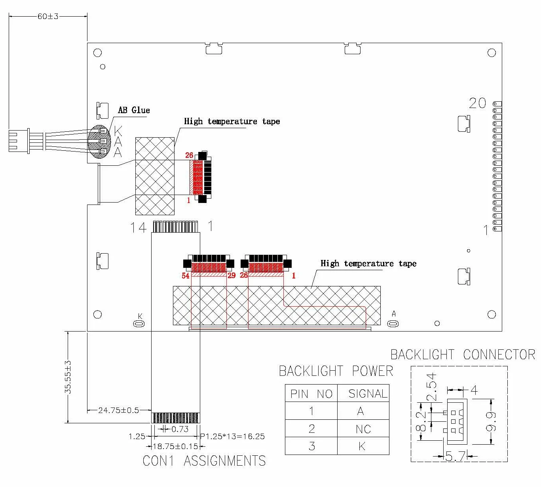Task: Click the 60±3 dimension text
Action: (48, 17)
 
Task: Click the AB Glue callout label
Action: (134, 110)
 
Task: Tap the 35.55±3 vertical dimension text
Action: (68, 377)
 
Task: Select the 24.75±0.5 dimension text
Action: (118, 410)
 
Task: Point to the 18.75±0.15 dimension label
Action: (175, 446)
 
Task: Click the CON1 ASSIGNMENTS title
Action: (204, 460)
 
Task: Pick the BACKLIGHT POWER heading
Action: (336, 371)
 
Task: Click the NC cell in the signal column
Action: (363, 429)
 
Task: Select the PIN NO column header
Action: (311, 394)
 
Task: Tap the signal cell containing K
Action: (362, 446)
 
